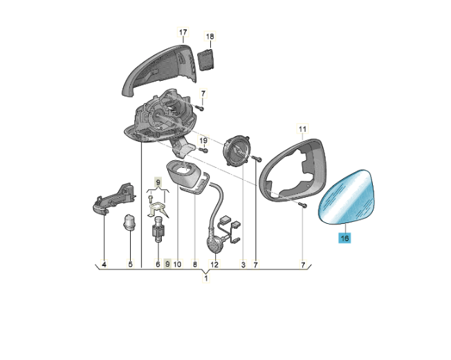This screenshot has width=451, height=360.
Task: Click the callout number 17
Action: click(x=183, y=32)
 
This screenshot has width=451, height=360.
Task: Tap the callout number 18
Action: click(x=210, y=37)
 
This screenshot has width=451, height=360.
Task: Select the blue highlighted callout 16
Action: click(x=344, y=238)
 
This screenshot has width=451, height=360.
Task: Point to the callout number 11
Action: click(x=302, y=129)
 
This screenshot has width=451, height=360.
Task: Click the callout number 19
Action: click(x=203, y=140)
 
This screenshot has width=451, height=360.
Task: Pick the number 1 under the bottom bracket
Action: click(x=205, y=278)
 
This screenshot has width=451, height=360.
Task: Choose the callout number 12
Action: click(x=214, y=264)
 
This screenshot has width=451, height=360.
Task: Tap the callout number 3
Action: click(x=243, y=265)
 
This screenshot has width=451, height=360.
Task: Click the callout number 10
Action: click(x=178, y=264)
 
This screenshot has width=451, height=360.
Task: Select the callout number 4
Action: click(x=104, y=264)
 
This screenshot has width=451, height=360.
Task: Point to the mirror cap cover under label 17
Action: click(x=159, y=70)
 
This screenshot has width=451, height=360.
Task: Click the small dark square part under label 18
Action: click(x=206, y=59)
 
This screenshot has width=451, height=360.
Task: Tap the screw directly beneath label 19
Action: click(x=203, y=150)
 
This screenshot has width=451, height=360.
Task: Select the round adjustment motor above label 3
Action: click(x=237, y=151)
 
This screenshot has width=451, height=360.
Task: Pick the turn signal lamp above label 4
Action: click(x=113, y=199)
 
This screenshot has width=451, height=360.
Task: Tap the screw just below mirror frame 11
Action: click(x=302, y=205)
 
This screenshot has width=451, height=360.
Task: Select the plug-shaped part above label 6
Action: click(x=158, y=229)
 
